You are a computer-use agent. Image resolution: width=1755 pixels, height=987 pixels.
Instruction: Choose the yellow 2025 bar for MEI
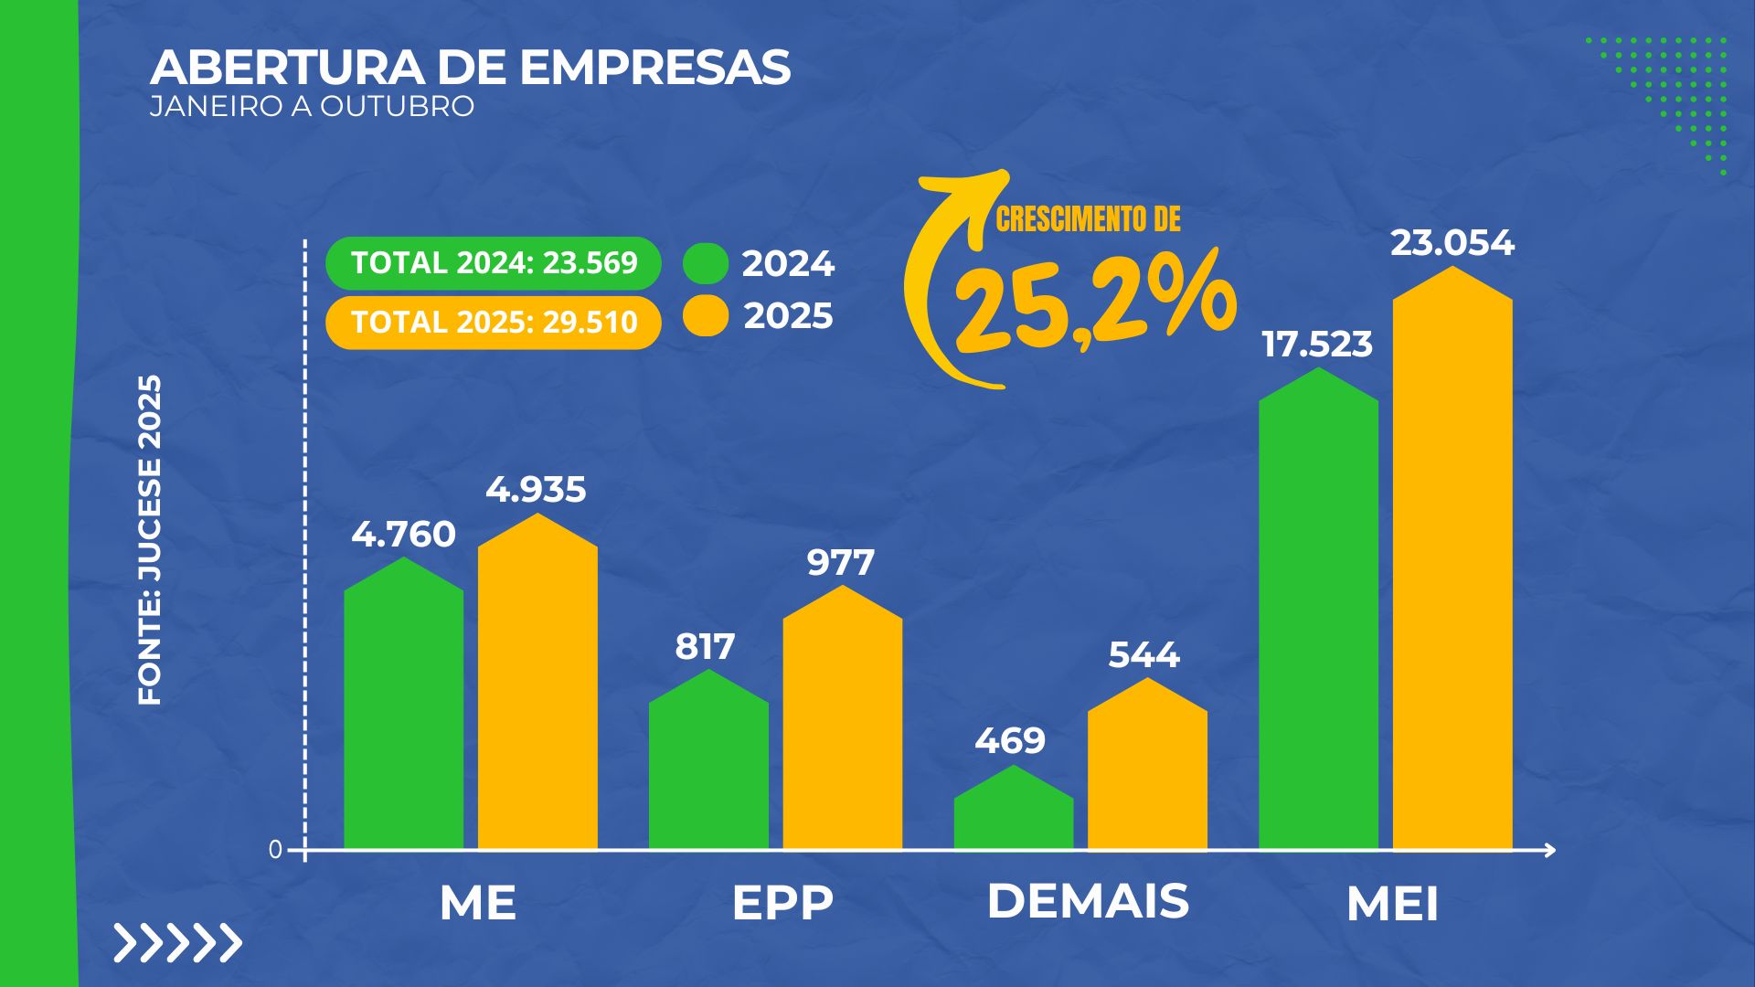(x=1452, y=567)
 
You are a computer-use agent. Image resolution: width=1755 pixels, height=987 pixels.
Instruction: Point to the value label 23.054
(x=1452, y=243)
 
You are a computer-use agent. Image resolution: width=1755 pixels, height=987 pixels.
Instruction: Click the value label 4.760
(x=403, y=534)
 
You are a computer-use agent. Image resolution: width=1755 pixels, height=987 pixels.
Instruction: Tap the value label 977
(x=841, y=562)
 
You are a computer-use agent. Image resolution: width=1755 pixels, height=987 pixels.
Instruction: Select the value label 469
(x=1010, y=740)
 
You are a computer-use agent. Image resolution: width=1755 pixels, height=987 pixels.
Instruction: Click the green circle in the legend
(x=706, y=263)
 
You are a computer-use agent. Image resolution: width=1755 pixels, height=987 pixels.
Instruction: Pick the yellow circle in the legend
(x=706, y=316)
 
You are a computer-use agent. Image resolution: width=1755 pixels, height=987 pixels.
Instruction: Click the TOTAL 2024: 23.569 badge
(x=494, y=263)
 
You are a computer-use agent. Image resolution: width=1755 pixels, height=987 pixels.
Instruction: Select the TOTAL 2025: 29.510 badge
(x=494, y=323)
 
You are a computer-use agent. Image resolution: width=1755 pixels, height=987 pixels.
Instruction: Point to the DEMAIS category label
(x=1088, y=901)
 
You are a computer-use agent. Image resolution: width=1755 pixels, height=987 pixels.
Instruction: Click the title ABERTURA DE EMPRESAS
(x=470, y=68)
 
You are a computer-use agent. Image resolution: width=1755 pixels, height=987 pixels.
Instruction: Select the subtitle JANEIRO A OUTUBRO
(x=312, y=106)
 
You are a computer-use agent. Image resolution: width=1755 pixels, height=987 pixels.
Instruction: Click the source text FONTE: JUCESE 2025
(x=149, y=539)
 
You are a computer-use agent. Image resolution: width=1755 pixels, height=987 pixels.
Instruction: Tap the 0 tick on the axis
(x=275, y=850)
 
